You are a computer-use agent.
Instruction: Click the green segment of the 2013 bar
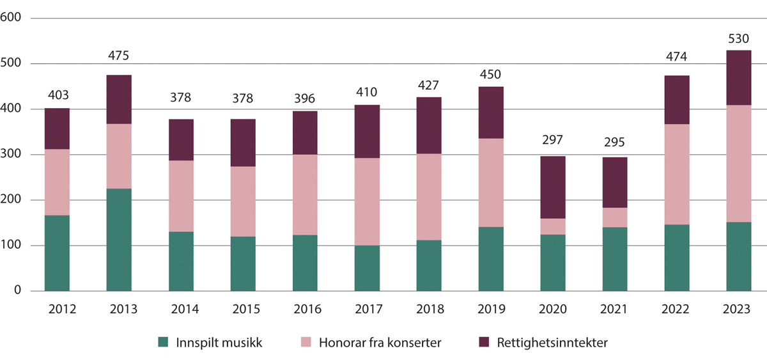coord(119,240)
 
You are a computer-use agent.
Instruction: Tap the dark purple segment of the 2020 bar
coord(552,187)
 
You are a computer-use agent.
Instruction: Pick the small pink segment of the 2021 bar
coord(614,217)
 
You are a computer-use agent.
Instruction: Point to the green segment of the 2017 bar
coord(367,269)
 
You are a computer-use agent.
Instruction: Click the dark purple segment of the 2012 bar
coord(57,129)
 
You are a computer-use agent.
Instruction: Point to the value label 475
coord(119,56)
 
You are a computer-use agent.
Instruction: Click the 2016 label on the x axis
coord(305,309)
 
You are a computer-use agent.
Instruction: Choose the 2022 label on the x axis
coord(676,309)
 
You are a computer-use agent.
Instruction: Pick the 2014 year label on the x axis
coord(181,309)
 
